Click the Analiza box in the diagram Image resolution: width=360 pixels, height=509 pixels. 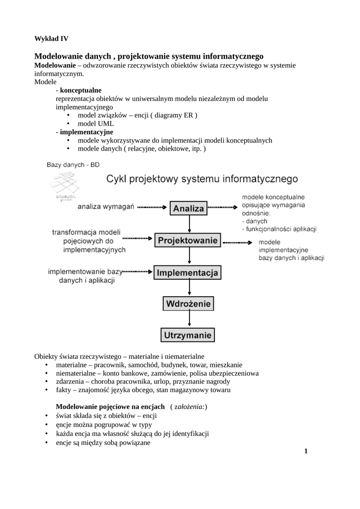[188, 209]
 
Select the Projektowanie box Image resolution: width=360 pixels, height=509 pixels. [188, 241]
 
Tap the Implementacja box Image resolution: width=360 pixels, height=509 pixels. [188, 273]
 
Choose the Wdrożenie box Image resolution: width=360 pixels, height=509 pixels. [188, 303]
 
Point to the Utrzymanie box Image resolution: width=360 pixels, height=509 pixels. [188, 335]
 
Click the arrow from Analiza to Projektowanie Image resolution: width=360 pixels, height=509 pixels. [188, 224]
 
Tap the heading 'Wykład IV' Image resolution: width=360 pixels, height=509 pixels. [51, 39]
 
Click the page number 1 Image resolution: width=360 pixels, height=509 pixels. [306, 451]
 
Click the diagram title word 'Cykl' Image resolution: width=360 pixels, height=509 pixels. [120, 178]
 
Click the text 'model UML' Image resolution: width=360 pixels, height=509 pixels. [96, 124]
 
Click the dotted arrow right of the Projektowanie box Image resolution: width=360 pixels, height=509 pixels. [238, 242]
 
